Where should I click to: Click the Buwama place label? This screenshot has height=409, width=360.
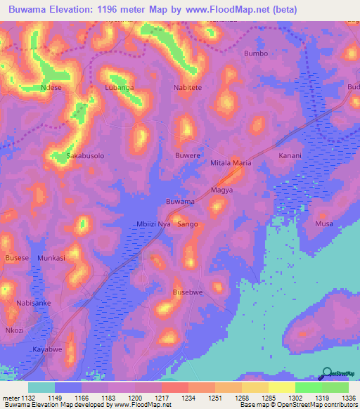(180, 202)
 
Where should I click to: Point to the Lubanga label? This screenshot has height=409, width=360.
(119, 88)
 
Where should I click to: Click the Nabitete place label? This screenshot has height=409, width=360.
(188, 88)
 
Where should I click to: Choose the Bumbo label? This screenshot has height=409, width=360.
(255, 53)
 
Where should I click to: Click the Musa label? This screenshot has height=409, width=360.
(324, 223)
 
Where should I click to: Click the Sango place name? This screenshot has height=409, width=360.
(188, 224)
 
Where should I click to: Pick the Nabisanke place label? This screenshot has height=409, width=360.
(34, 303)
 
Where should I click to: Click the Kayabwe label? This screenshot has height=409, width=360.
(48, 349)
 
